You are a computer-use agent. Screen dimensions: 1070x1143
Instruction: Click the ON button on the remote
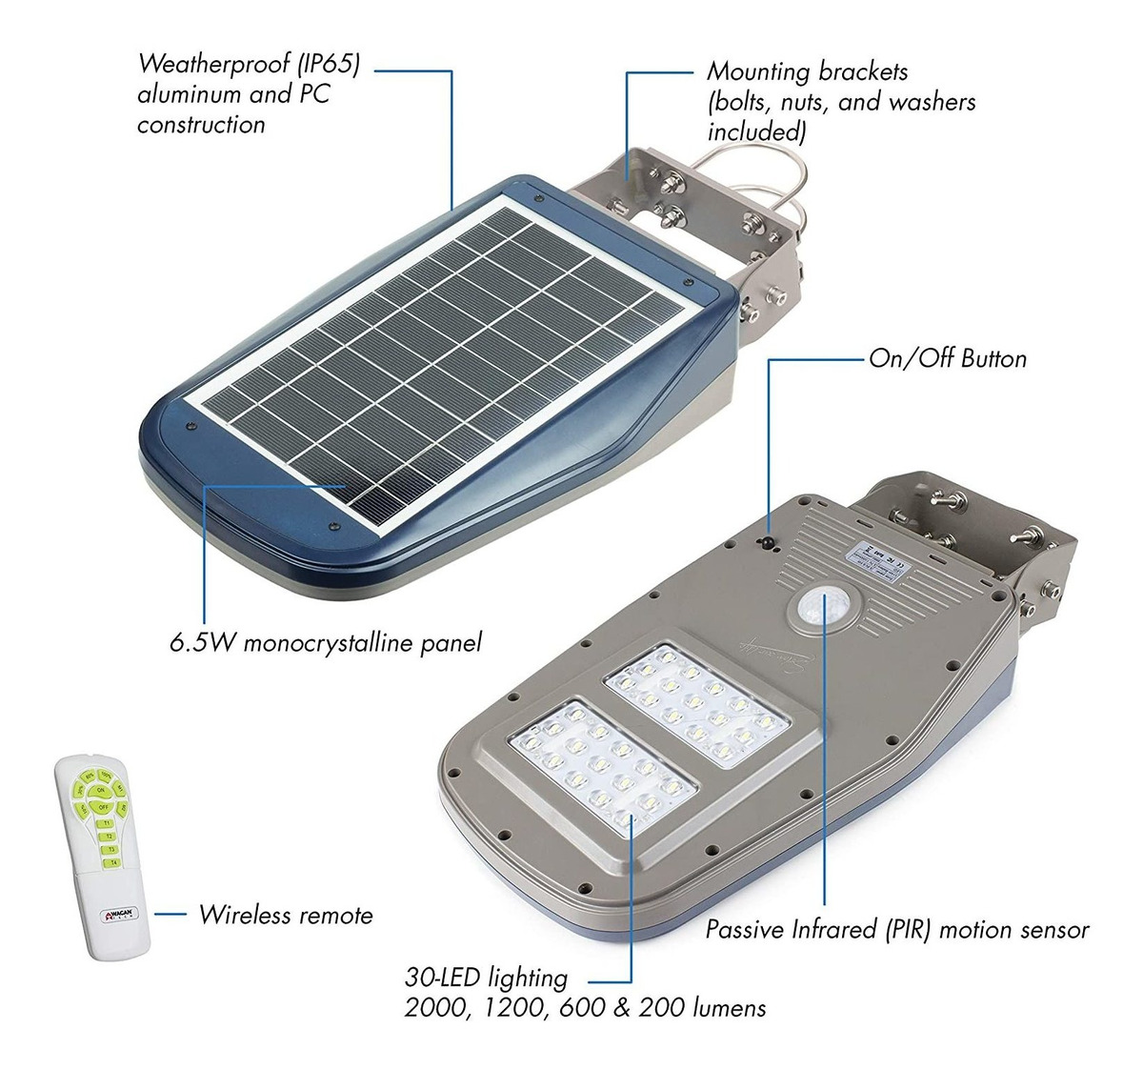click(101, 790)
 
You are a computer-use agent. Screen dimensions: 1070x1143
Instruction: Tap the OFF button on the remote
click(103, 808)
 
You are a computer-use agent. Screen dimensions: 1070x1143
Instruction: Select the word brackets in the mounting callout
click(860, 71)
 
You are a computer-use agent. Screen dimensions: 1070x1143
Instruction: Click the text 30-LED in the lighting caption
click(443, 978)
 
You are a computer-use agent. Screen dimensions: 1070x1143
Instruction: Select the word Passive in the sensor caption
click(745, 929)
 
